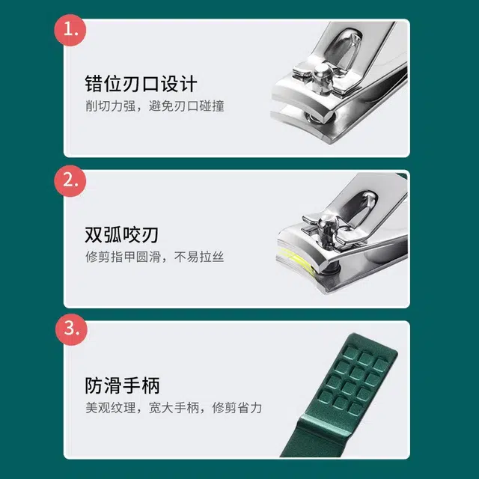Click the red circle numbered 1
[70, 30]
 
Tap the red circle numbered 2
[70, 181]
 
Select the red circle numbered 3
[71, 329]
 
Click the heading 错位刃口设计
[141, 84]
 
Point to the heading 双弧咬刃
[121, 234]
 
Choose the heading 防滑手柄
[122, 385]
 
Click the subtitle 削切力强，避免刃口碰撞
[155, 106]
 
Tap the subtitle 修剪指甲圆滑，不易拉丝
[155, 257]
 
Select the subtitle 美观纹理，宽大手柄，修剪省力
[174, 408]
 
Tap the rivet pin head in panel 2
[328, 222]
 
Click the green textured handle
[342, 397]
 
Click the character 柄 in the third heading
[150, 385]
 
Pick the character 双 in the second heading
[94, 234]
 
